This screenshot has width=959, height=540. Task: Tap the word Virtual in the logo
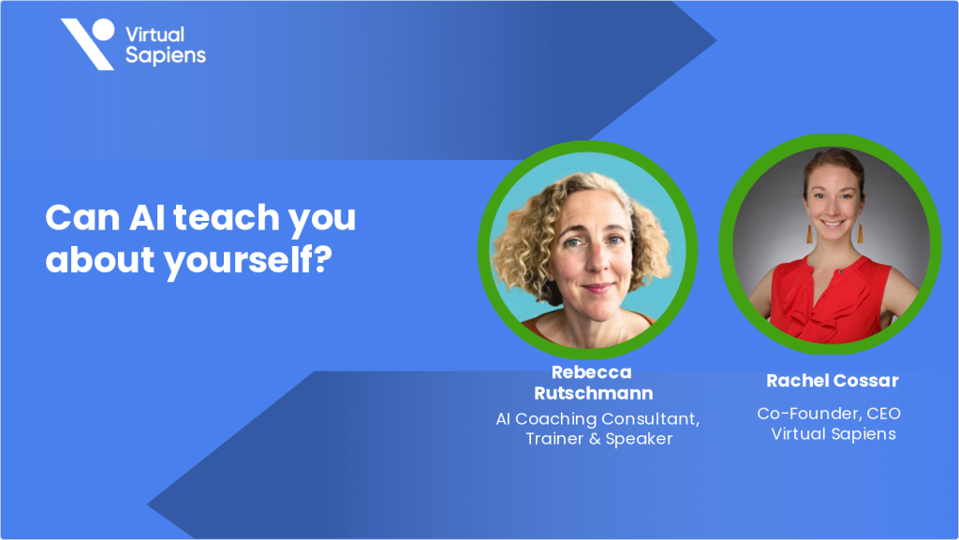point(155,35)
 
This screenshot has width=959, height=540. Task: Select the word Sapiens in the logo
point(165,55)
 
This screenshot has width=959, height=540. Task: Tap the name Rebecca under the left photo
point(591,372)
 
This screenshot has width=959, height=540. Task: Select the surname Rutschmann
point(591,393)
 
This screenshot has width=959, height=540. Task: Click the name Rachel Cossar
point(833,380)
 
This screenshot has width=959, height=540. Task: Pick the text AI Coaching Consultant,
point(598,418)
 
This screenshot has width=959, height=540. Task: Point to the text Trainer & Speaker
point(598,438)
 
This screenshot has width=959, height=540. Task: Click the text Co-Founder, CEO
point(829,413)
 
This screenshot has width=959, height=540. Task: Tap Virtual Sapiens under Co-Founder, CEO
point(833,433)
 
